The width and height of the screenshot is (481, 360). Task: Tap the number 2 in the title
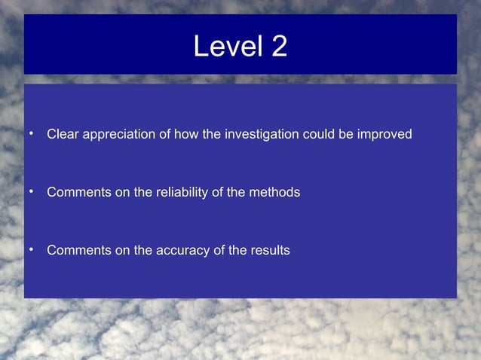click(278, 47)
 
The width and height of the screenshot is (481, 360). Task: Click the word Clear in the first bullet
click(63, 135)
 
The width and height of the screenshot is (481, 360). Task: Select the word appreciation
click(118, 135)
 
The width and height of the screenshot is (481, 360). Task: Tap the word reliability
click(181, 193)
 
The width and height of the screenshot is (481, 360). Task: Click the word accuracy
click(182, 250)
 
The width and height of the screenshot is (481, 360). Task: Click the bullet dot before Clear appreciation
click(32, 134)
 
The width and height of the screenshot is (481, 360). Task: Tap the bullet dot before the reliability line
click(32, 192)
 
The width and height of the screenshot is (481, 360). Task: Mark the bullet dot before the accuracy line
click(32, 249)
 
